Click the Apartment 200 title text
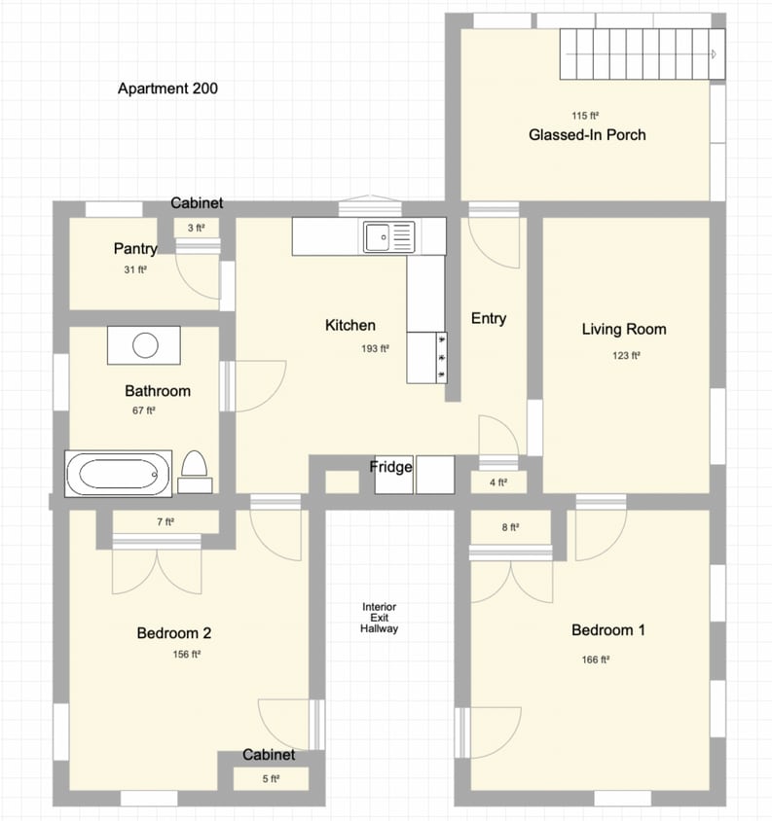coord(167,89)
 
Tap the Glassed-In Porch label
coord(587,135)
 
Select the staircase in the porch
coord(642,54)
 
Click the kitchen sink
coord(388,236)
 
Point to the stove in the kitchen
coord(426,357)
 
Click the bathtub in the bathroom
coord(118,475)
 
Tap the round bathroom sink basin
coord(146,344)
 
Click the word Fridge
coord(390,467)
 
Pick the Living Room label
coord(624,330)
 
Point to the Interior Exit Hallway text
coord(379,618)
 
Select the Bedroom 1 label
coord(607,630)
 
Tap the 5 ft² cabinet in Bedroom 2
coord(269,779)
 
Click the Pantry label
coord(135,249)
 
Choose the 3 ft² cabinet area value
coord(197,229)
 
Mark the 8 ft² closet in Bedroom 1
coord(510,528)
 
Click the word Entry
coord(488,318)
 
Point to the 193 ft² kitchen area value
coord(375,348)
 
